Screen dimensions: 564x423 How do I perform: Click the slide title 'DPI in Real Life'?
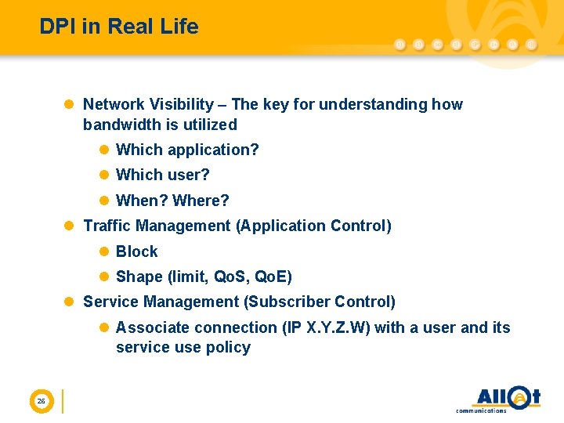[119, 27]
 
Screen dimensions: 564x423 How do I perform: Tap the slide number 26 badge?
[41, 402]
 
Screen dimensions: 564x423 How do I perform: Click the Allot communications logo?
[498, 399]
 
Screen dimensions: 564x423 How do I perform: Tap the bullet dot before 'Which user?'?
[104, 175]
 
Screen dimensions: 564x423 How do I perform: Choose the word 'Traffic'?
[107, 226]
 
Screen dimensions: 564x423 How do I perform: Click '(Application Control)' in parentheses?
[313, 226]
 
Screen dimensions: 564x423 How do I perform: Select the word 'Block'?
[136, 251]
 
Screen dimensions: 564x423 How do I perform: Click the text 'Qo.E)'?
[273, 277]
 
